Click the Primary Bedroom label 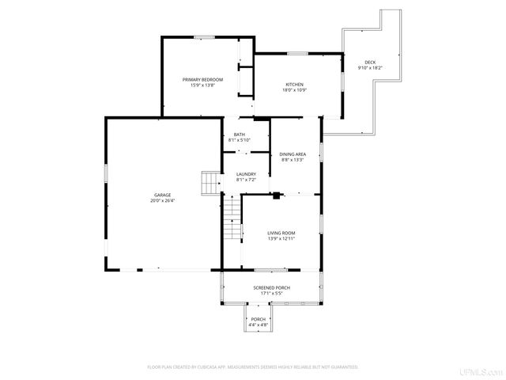pos(202,79)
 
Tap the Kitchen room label pos(294,85)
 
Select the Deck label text pos(370,63)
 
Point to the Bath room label pos(239,135)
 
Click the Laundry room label pos(246,174)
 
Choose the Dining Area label pos(293,154)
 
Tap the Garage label pos(162,195)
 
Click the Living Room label pos(281,233)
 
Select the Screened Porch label pos(271,287)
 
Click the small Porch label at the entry pos(259,319)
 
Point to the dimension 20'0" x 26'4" pos(162,200)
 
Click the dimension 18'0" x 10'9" pos(294,90)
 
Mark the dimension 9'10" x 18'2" pos(370,68)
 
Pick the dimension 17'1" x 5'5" pos(271,293)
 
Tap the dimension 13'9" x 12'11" pos(281,238)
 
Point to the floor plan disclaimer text pos(253,367)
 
